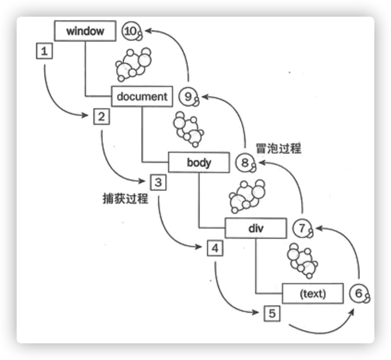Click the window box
(85, 31)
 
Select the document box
(142, 97)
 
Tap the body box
(199, 162)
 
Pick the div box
(256, 228)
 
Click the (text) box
(313, 293)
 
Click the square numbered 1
(44, 51)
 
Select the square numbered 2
(101, 116)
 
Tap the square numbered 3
(158, 182)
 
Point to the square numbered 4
(215, 248)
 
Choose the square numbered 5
(272, 314)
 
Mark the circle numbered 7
(302, 228)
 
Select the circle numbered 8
(244, 162)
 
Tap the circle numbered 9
(188, 97)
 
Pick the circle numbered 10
(131, 31)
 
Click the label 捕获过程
(125, 199)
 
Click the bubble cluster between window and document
(132, 64)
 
